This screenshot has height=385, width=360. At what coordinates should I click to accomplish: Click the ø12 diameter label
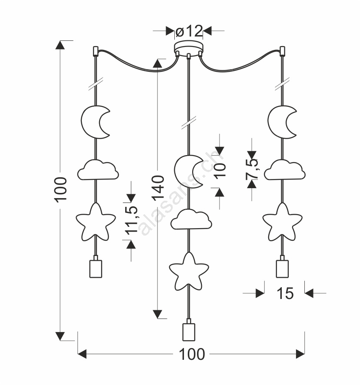[189, 31]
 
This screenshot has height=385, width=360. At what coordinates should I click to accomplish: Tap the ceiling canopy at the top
[189, 47]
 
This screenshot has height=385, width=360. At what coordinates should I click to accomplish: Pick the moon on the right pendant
[281, 122]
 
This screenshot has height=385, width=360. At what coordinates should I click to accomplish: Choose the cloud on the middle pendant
[191, 219]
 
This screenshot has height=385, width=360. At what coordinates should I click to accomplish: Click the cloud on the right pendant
[284, 169]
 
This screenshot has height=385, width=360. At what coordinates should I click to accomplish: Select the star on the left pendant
[95, 222]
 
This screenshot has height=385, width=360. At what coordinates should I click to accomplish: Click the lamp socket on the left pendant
[95, 267]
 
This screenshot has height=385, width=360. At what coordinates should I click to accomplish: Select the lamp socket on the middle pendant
[188, 331]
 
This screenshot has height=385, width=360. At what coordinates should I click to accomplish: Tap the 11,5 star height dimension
[131, 221]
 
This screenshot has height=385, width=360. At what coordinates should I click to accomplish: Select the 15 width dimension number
[285, 294]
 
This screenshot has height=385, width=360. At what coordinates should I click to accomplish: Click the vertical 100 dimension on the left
[60, 189]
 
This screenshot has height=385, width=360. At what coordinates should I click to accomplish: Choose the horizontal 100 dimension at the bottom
[192, 354]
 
